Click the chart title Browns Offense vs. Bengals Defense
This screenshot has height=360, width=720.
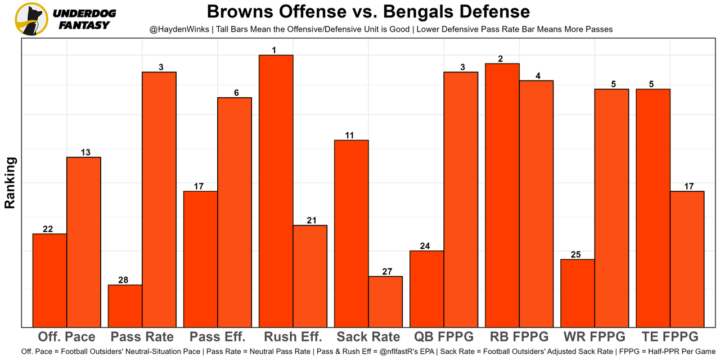point(368,12)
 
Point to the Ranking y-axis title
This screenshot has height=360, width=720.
point(10,183)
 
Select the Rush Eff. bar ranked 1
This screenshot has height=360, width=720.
point(276,191)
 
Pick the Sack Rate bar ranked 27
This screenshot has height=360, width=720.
point(385,301)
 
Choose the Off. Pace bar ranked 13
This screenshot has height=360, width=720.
point(84,242)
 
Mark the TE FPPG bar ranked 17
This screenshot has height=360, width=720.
point(687,259)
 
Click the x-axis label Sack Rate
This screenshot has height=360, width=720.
point(368,337)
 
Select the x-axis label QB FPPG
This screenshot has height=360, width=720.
point(444,337)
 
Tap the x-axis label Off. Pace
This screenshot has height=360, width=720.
point(66,337)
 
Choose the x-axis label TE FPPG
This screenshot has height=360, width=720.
point(670,337)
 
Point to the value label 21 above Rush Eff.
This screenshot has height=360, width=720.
point(310,220)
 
